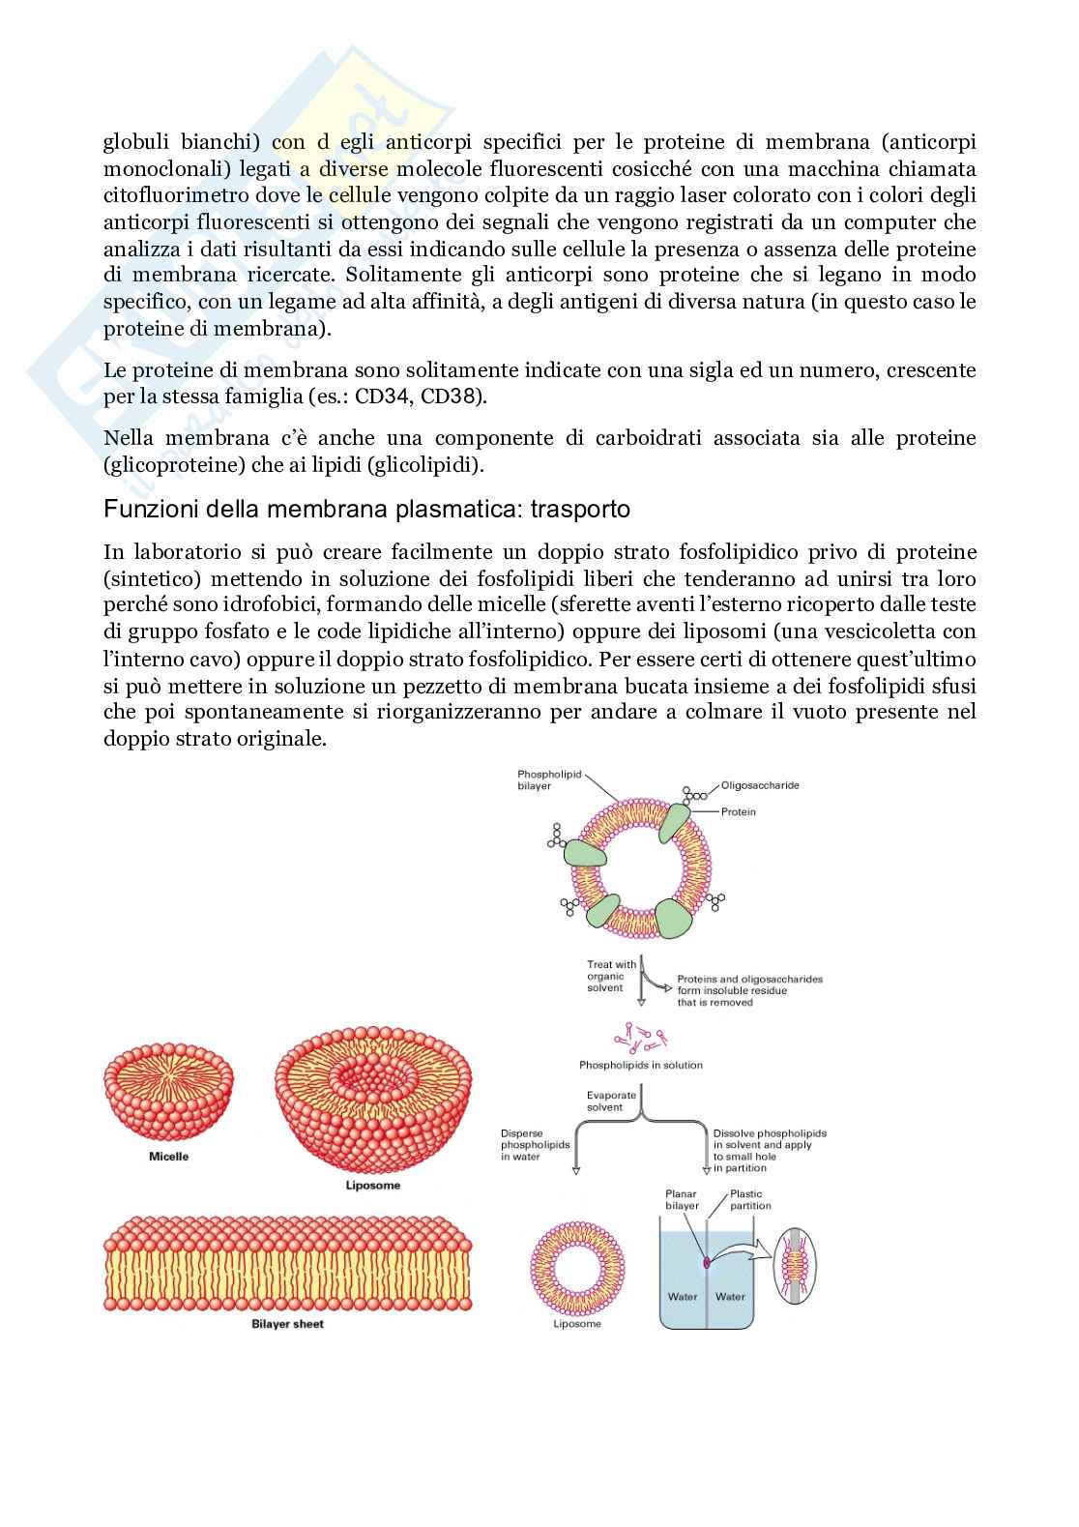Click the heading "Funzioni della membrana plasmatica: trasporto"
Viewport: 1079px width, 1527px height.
pyautogui.click(x=366, y=509)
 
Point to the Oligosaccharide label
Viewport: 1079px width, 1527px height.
pyautogui.click(x=760, y=785)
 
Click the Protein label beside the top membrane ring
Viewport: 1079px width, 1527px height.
pyautogui.click(x=738, y=812)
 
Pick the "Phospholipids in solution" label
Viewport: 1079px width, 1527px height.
pyautogui.click(x=640, y=1065)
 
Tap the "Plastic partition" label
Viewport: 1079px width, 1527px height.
pyautogui.click(x=750, y=1200)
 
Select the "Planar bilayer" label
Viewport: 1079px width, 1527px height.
pyautogui.click(x=683, y=1200)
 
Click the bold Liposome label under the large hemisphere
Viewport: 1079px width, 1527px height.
pyautogui.click(x=372, y=1185)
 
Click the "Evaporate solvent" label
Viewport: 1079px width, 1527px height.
pyautogui.click(x=611, y=1101)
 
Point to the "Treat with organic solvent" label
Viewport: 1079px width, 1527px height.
pyautogui.click(x=611, y=976)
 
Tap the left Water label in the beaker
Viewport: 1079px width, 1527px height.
pyautogui.click(x=683, y=1297)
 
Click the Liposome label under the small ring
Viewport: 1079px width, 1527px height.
pyautogui.click(x=577, y=1324)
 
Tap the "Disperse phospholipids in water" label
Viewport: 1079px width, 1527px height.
pyautogui.click(x=535, y=1145)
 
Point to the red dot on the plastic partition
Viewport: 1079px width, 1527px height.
pyautogui.click(x=707, y=1261)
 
